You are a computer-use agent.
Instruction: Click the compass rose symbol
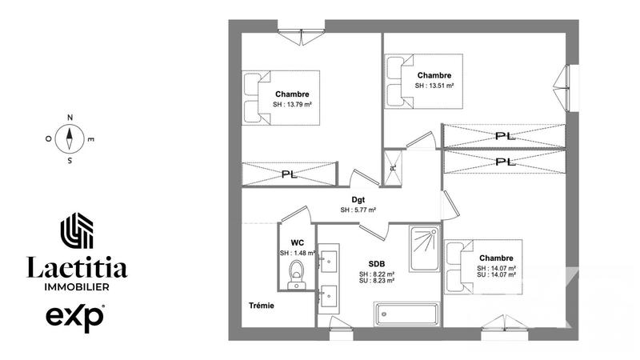70,138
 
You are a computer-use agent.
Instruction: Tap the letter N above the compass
70,118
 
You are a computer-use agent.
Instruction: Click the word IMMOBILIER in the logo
77,286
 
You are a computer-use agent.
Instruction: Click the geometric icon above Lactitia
78,230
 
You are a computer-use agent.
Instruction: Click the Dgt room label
358,200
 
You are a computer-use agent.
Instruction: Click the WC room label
297,242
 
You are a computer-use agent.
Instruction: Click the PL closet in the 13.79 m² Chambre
290,174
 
